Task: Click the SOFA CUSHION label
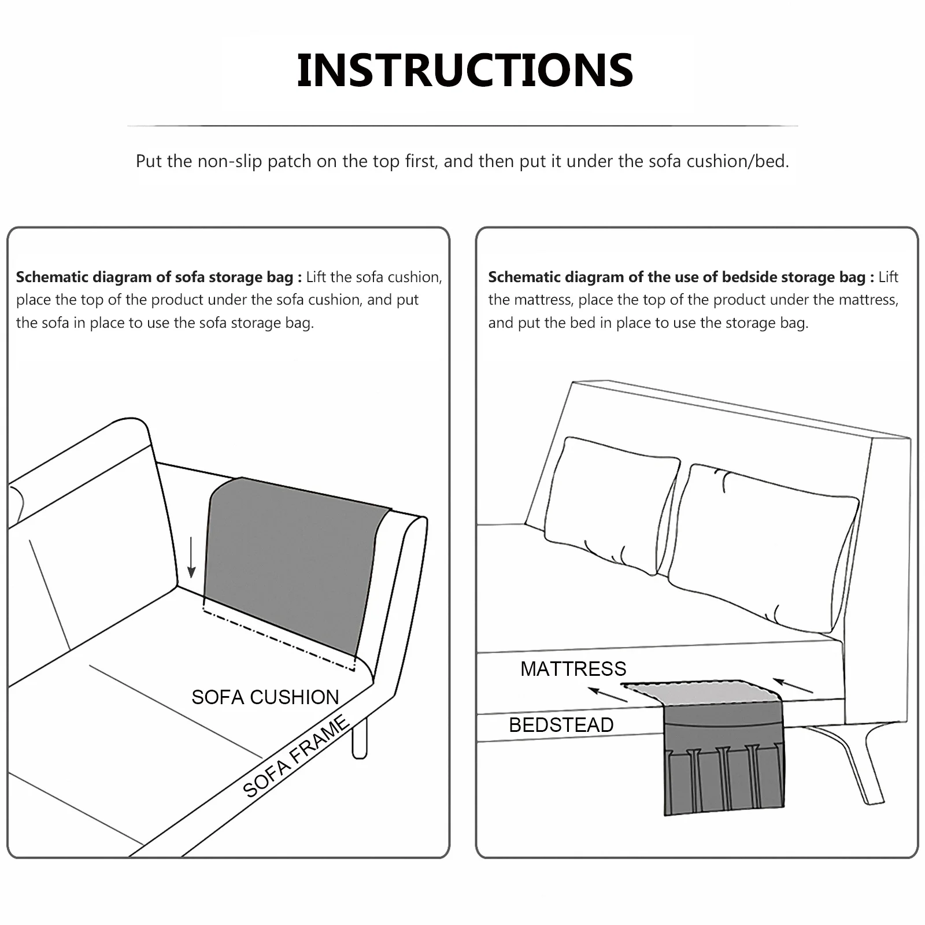coord(265,697)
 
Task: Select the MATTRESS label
coord(573,669)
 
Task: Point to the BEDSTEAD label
coord(561,725)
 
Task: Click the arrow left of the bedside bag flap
coord(607,694)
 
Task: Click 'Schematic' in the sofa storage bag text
coord(51,277)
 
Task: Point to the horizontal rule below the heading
coord(462,125)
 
